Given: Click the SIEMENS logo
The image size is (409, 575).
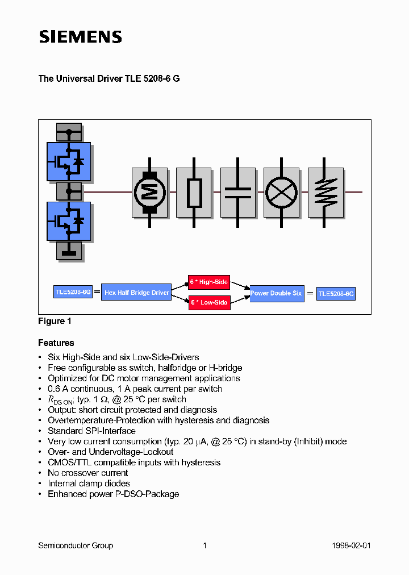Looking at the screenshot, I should (80, 37).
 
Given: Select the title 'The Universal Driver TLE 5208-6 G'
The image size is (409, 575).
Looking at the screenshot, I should (108, 79).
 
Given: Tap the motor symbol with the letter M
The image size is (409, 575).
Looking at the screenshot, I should (149, 192).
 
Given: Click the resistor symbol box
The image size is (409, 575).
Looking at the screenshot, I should (194, 192).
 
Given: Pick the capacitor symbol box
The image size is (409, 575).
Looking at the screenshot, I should (237, 192).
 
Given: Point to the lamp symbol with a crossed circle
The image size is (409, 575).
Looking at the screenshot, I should (281, 192).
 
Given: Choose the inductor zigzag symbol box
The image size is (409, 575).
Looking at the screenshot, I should (325, 192).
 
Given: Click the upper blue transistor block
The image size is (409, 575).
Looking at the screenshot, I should (68, 161).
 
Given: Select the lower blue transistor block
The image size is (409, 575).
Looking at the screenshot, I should (68, 220).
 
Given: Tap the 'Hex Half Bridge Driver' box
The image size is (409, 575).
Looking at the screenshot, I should (136, 293).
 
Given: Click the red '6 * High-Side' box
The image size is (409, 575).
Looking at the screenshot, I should (208, 282).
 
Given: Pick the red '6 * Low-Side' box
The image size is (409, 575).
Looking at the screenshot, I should (208, 302).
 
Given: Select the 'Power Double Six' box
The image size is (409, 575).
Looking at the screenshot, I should (277, 293).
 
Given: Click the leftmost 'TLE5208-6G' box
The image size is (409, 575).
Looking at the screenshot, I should (73, 292).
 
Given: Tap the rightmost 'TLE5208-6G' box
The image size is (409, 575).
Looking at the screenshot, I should (336, 294).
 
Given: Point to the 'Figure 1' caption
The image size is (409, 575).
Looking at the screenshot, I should (55, 321).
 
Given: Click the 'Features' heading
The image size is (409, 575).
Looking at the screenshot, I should (56, 343).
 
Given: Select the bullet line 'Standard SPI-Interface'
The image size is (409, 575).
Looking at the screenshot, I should (91, 431).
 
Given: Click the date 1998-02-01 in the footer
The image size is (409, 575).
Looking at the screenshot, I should (351, 545).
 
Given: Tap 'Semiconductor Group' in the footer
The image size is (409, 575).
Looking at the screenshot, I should (76, 545).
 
